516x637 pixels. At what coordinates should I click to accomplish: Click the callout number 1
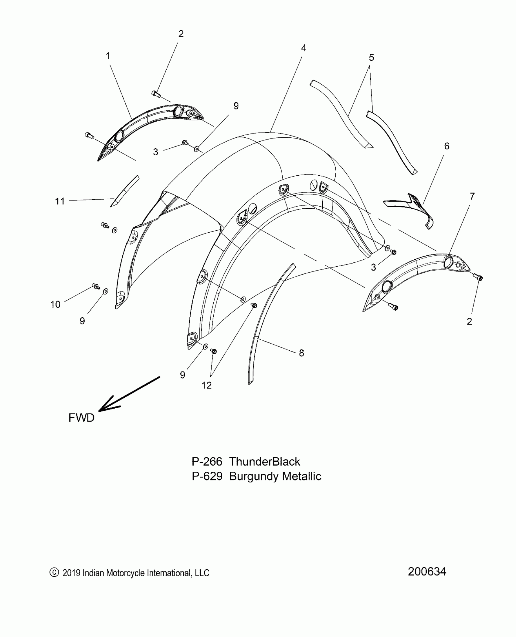pos(107,56)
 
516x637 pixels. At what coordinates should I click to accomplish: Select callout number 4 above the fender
pos(303,48)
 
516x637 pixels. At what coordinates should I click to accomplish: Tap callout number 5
pos(371,57)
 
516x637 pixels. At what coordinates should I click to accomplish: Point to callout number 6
pos(446,146)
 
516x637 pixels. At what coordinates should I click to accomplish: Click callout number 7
pos(472,197)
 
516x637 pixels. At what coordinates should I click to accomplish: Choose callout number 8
pos(301,353)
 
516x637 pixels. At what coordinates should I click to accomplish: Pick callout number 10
pos(55,304)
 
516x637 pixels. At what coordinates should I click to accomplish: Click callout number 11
pos(60,201)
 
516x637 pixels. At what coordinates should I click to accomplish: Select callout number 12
pos(206,385)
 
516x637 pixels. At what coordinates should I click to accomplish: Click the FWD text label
pos(81,418)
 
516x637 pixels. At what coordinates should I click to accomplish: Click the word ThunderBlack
pos(264,461)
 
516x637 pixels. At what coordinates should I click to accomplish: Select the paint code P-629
pos(207,476)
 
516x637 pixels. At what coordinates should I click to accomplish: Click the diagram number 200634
pos(427,571)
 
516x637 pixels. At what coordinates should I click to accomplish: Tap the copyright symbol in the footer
pos(54,572)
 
